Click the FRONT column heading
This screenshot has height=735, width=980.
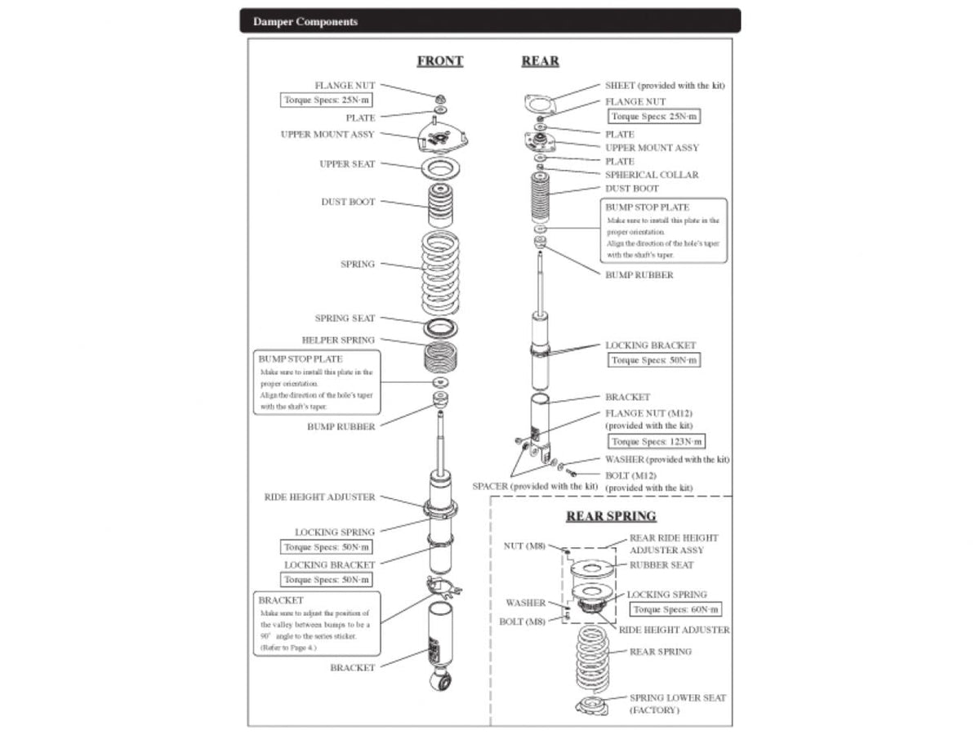pyautogui.click(x=439, y=61)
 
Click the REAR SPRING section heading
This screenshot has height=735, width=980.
pyautogui.click(x=611, y=516)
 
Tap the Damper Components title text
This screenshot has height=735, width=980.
pyautogui.click(x=305, y=21)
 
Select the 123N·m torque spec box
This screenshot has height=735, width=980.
pyautogui.click(x=657, y=442)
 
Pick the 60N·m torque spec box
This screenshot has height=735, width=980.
pyautogui.click(x=675, y=610)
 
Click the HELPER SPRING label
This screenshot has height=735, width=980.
pyautogui.click(x=338, y=340)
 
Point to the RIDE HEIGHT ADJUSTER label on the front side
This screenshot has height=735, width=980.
pyautogui.click(x=320, y=497)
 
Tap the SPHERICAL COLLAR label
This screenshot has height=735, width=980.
pyautogui.click(x=652, y=175)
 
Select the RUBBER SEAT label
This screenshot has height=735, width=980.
pyautogui.click(x=661, y=565)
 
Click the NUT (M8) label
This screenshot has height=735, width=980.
pyautogui.click(x=524, y=546)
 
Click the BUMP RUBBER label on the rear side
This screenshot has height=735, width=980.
pyautogui.click(x=639, y=275)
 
